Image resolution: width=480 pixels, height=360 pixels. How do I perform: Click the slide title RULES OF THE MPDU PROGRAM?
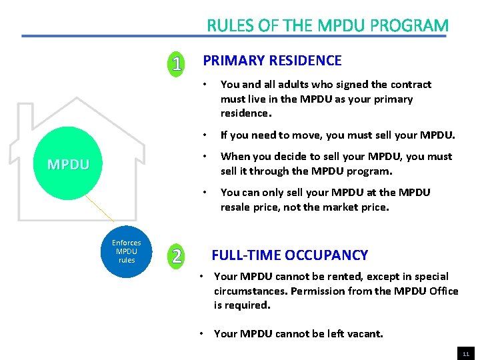click(x=327, y=25)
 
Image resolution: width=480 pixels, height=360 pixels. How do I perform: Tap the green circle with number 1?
click(x=176, y=64)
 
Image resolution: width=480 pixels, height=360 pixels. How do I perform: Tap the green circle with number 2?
click(x=176, y=255)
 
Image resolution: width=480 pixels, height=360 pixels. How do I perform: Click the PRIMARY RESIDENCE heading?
click(x=272, y=61)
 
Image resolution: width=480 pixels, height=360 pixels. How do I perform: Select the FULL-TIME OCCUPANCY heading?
click(x=289, y=255)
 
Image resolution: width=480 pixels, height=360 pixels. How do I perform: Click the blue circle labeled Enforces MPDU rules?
click(x=126, y=251)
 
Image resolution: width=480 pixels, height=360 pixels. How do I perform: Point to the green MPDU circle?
click(x=68, y=164)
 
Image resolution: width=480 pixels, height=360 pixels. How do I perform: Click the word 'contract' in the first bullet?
click(x=411, y=85)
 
